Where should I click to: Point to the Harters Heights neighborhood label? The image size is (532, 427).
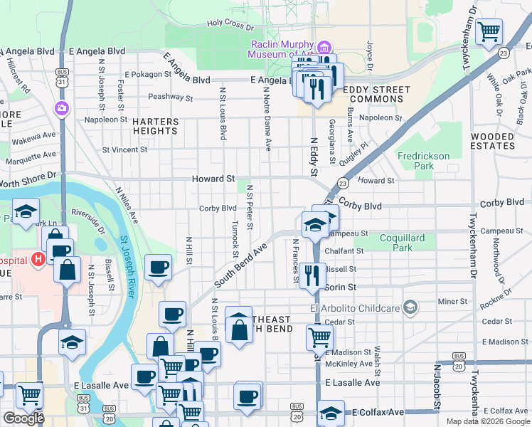pyautogui.click(x=154, y=126)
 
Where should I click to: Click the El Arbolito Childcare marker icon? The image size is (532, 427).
pyautogui.click(x=410, y=307)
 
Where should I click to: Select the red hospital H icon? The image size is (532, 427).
pyautogui.click(x=38, y=260)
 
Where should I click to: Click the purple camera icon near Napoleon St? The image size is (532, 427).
pyautogui.click(x=62, y=109)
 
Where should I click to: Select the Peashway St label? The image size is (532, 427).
pyautogui.click(x=170, y=97)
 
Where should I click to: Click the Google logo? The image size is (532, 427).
pyautogui.click(x=23, y=418)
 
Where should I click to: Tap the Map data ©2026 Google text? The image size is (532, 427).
pyautogui.click(x=487, y=421)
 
